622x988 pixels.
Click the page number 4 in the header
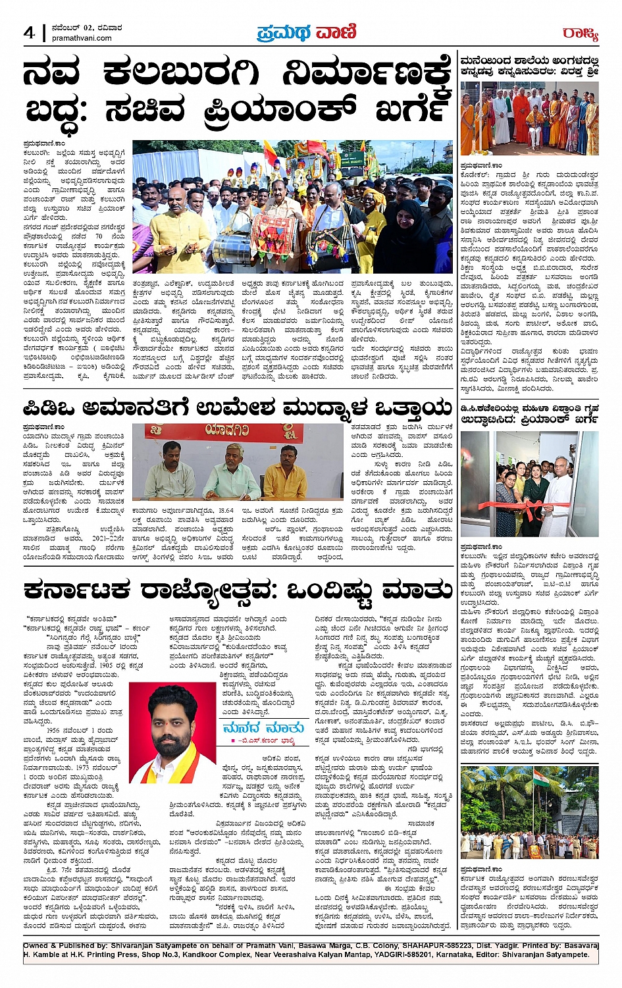coord(30,32)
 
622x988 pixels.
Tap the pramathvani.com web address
coord(82,38)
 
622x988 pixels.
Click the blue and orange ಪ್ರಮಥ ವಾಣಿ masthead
coord(307,32)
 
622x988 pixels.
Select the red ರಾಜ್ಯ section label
coord(580,33)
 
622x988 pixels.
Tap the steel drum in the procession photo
coord(227,248)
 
